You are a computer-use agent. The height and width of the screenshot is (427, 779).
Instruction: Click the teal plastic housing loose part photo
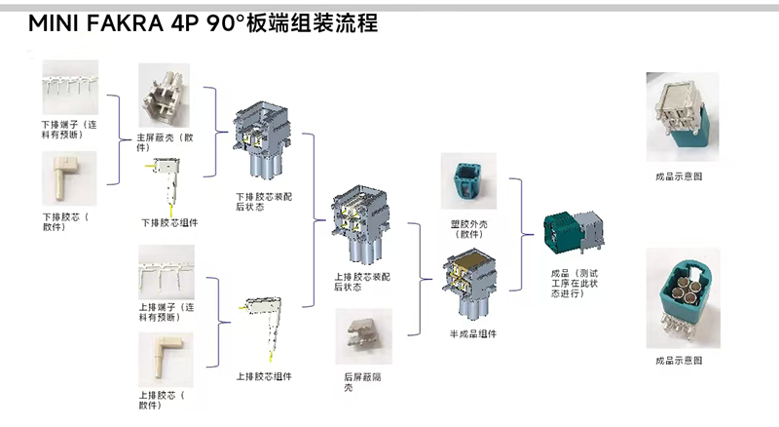tap(468, 184)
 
